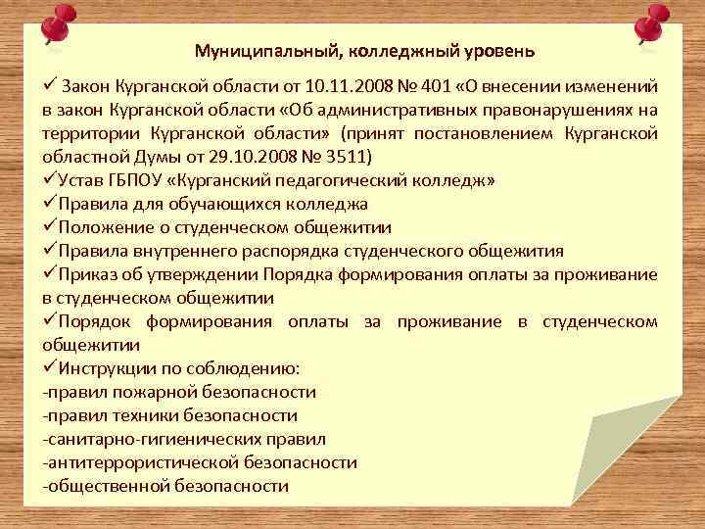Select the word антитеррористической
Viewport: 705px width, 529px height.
pos(143,462)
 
